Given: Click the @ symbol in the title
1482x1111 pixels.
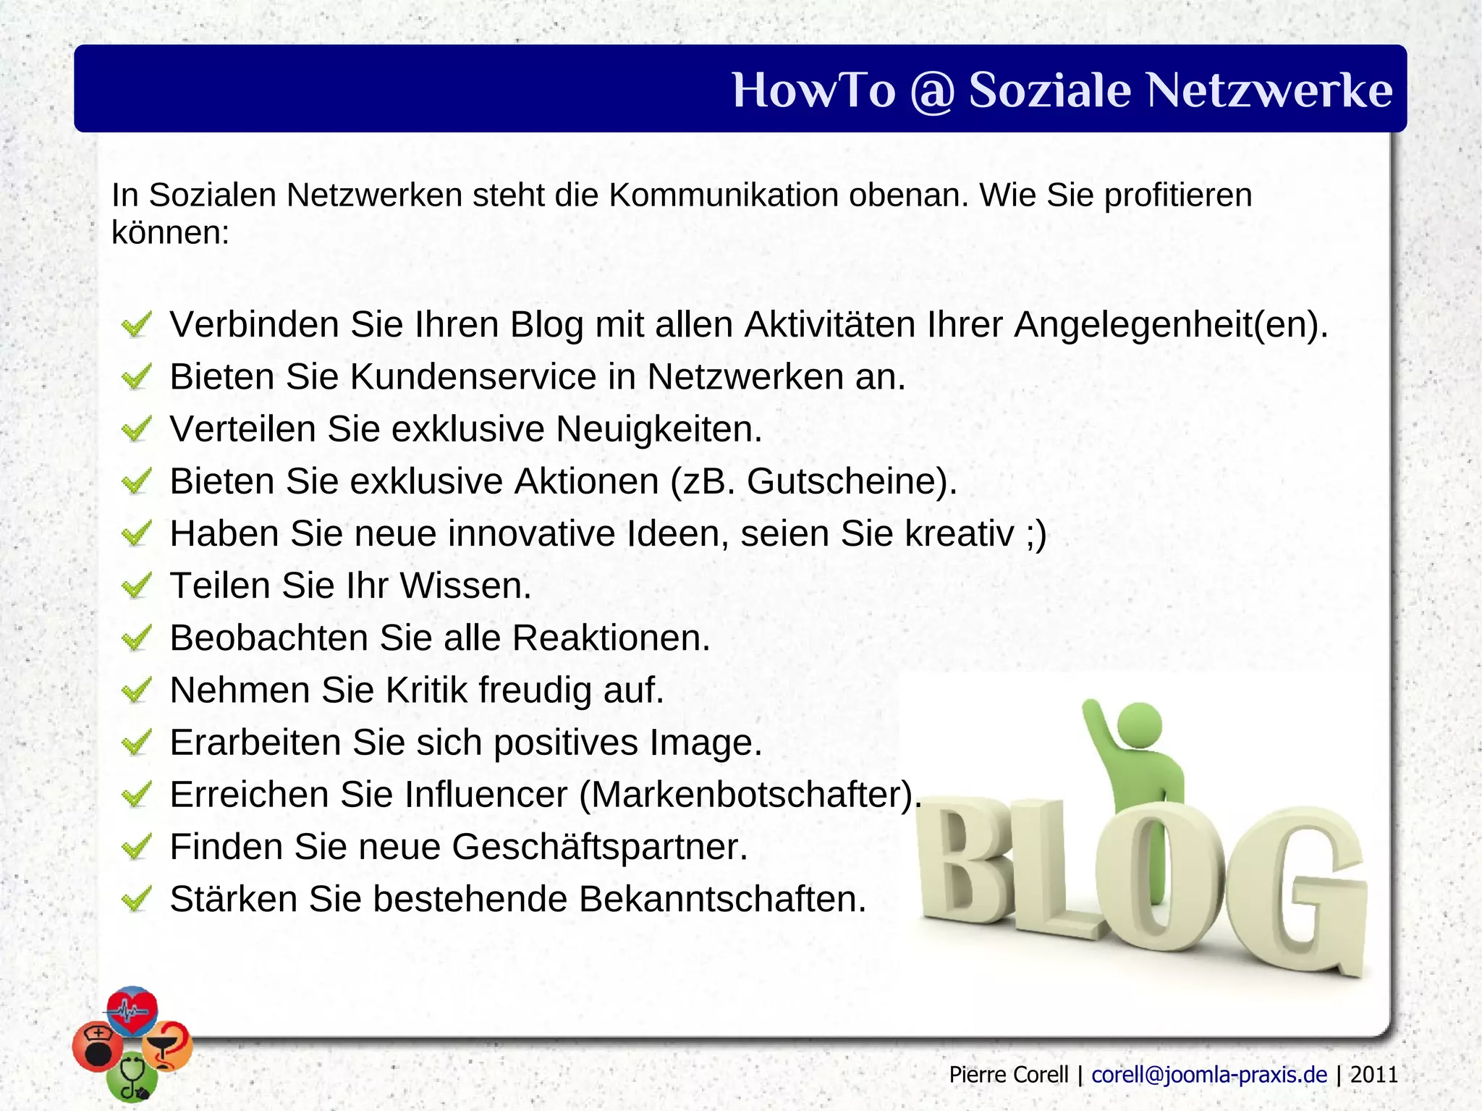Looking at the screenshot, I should click(932, 91).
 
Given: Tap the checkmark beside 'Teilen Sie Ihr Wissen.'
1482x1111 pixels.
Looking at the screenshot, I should click(136, 585).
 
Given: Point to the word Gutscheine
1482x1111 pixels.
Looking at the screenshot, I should click(843, 481).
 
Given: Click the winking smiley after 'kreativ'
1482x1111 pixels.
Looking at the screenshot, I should click(1036, 534).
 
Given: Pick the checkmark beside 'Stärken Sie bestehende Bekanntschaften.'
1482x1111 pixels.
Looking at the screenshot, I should click(136, 899).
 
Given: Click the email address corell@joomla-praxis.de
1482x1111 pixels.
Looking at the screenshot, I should click(1209, 1075).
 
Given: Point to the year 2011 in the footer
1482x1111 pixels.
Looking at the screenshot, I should click(1373, 1075).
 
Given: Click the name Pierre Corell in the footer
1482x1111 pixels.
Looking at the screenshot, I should click(1008, 1075).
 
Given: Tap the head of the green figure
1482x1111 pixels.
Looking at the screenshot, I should click(1139, 725).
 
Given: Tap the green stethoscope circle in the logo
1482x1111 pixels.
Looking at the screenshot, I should click(131, 1079).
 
